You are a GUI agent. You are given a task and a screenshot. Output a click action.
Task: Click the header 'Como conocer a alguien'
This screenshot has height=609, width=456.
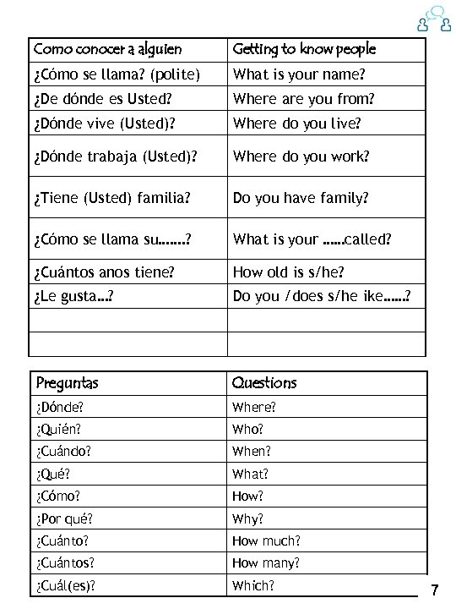(107, 49)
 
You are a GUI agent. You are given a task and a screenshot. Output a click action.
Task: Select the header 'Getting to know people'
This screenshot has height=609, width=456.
(304, 49)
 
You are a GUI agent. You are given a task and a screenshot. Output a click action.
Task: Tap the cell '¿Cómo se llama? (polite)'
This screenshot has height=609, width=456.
(117, 74)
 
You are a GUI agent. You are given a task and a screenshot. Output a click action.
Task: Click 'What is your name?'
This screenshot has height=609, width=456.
(299, 74)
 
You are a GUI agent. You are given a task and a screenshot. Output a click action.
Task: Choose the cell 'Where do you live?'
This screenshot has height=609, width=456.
(296, 123)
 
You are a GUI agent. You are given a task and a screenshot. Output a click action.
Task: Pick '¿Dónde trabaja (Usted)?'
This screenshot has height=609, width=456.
(115, 156)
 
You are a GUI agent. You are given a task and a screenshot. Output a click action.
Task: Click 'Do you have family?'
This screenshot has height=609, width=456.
(301, 198)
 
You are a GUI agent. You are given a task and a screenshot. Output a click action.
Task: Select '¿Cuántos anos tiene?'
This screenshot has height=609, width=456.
(105, 272)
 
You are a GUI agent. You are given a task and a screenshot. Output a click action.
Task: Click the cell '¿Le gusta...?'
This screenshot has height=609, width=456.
(74, 296)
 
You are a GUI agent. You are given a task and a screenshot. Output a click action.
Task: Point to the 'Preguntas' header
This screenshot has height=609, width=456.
(67, 383)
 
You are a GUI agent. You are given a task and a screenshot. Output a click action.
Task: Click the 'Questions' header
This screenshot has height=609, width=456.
(264, 383)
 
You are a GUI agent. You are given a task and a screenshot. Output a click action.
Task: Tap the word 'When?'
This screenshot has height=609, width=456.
(252, 452)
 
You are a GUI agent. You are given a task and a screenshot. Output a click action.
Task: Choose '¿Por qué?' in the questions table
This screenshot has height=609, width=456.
(64, 518)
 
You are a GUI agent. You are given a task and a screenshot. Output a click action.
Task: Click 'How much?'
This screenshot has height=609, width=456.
(266, 540)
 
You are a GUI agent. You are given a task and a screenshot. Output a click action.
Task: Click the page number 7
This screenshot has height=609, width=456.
(434, 589)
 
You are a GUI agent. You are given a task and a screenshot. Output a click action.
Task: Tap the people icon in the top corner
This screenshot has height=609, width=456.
(431, 19)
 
